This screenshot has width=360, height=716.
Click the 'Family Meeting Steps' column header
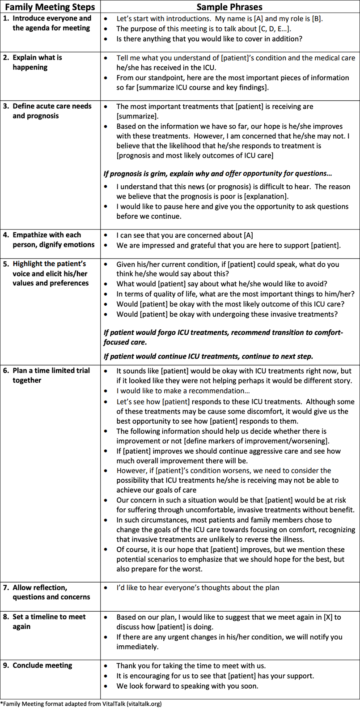tap(50, 7)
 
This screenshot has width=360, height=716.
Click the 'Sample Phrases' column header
tap(230, 7)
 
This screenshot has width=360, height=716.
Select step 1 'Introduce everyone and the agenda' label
tap(51, 23)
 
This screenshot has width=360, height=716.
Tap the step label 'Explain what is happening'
tap(37, 63)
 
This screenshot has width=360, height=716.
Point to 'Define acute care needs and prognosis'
tap(52, 111)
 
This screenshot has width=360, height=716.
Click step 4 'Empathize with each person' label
tap(53, 240)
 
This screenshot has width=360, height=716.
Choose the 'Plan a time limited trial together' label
tap(51, 375)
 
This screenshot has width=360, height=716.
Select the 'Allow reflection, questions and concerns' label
tap(51, 592)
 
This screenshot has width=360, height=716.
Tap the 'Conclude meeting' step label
tap(42, 665)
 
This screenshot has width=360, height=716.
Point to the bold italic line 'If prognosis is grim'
tap(218, 174)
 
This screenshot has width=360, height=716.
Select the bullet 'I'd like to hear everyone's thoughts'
tap(198, 588)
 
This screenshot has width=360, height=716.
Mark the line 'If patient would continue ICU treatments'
tap(208, 357)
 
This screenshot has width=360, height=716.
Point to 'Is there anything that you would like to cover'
tap(209, 39)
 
